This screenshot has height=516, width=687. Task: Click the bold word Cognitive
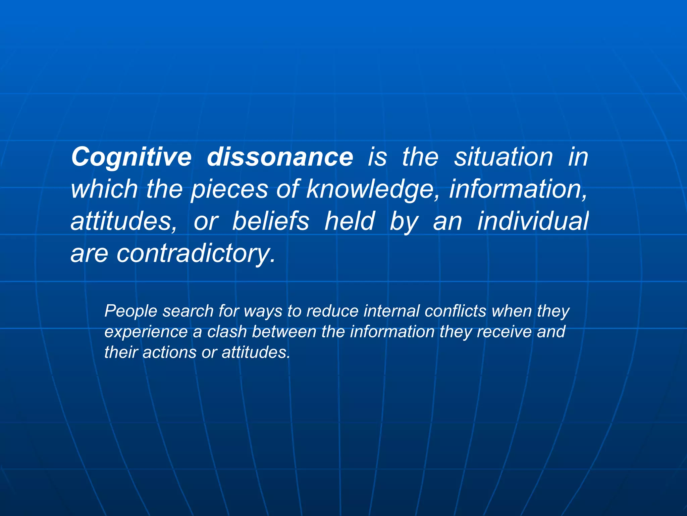coord(131,157)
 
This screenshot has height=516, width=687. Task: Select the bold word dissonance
coord(280,157)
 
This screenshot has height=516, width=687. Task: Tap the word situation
coord(503,157)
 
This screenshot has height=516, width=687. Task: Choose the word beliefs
coord(270,221)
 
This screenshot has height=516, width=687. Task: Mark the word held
coord(349,221)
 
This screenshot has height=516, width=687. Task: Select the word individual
coord(533,221)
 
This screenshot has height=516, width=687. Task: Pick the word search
coord(188,311)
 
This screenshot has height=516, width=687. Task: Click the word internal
coord(391,311)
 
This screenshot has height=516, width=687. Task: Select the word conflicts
coord(455,311)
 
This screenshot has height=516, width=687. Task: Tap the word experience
coord(146,332)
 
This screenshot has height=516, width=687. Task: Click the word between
coord(284,332)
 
